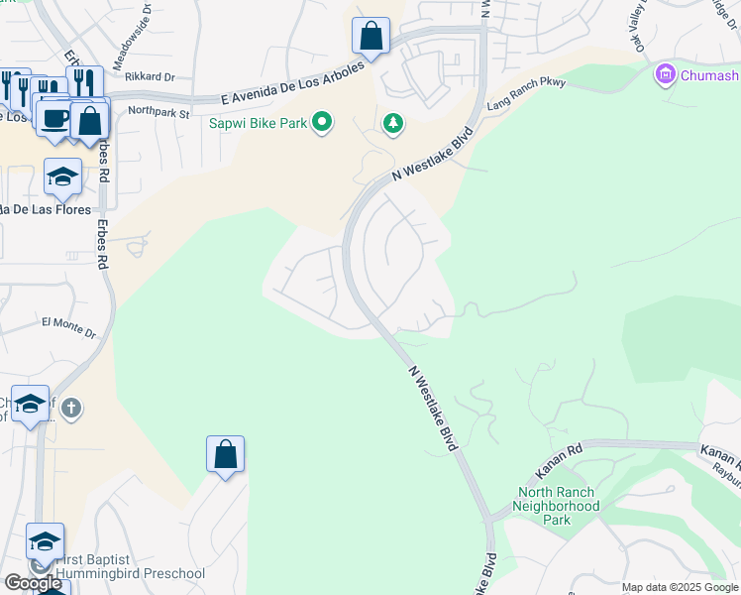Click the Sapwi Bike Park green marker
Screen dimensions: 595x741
pos(321,123)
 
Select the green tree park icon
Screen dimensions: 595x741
pos(394,123)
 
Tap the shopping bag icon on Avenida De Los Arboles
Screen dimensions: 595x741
pos(370,37)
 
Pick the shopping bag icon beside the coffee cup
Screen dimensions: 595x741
pos(89,121)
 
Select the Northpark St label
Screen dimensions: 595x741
pos(159,113)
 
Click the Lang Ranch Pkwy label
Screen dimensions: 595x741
pos(525,92)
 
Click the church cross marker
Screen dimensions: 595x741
pos(70,408)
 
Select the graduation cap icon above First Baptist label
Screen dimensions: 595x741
pos(45,541)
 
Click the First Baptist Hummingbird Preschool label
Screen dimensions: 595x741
pos(129,566)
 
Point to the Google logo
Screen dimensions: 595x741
pos(33,583)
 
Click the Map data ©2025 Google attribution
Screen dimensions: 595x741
pos(681,587)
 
